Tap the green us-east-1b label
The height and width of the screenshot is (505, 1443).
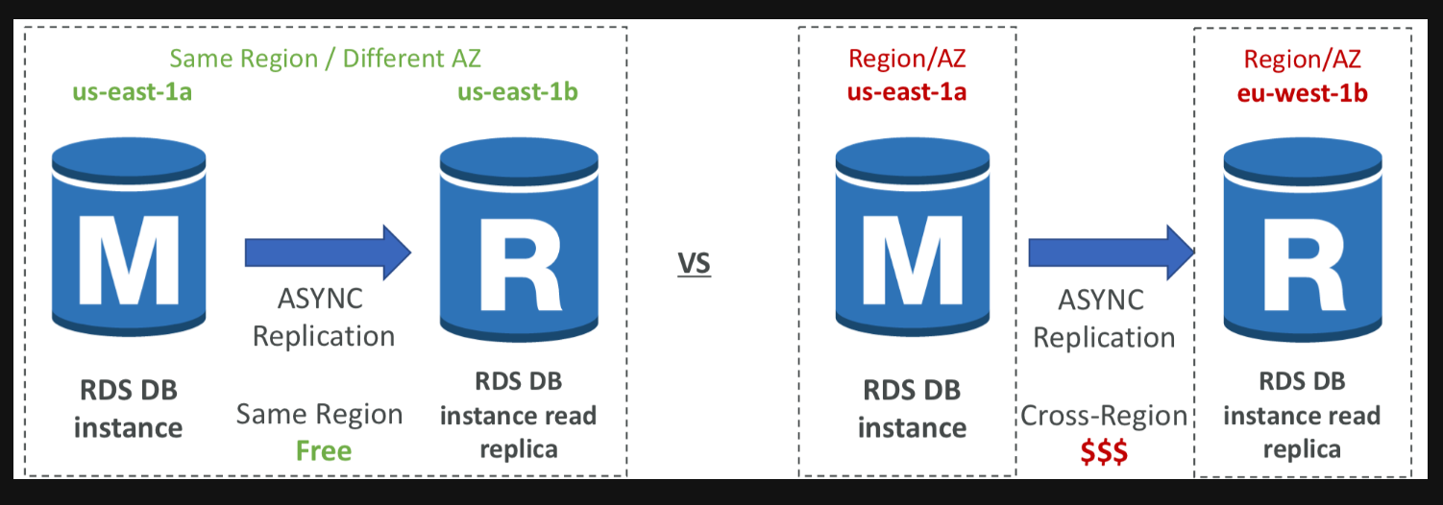pos(517,92)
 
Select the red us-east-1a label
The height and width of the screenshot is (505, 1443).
pos(906,92)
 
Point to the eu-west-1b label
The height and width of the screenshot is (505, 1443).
pos(1302,93)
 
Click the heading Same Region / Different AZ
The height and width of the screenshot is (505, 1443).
pos(325,58)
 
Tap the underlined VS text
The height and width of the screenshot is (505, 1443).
pos(694,262)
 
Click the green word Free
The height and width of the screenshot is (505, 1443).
pos(324,450)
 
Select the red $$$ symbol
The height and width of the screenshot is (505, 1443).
pos(1103,451)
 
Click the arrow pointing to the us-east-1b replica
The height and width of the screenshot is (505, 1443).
pos(328,252)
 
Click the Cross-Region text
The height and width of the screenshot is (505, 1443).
pos(1104,416)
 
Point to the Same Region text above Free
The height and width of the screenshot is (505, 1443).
pos(319,415)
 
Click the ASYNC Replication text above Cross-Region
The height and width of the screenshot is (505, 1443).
pos(1104,319)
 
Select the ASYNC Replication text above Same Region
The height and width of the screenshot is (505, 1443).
pos(323,318)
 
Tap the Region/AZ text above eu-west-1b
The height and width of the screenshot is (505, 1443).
pos(1302,60)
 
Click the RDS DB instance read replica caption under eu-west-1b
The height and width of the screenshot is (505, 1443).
pos(1302,415)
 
